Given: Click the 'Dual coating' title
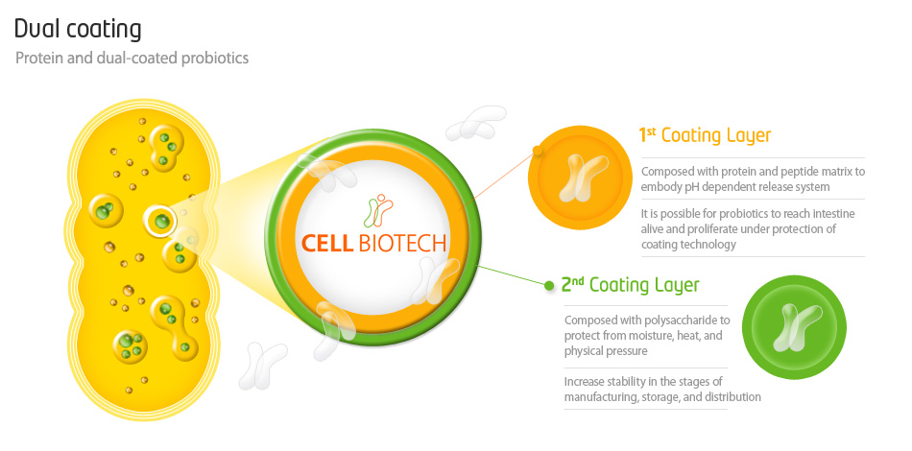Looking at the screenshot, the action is tap(78, 30).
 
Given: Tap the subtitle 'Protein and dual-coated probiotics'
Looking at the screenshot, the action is tap(132, 59).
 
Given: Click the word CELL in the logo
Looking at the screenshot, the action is tap(327, 243).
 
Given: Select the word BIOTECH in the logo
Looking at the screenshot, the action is tap(402, 243).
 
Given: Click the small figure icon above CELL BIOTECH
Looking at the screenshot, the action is tap(378, 210).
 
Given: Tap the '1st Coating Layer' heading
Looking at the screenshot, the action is tap(705, 135).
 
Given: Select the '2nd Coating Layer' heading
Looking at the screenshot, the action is tap(631, 285).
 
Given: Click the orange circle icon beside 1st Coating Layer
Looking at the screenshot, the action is tap(580, 178).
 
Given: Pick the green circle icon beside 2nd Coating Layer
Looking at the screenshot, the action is tap(794, 327).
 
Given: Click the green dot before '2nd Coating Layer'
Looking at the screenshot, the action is tap(549, 285).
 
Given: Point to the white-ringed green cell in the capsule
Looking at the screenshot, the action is tap(160, 221).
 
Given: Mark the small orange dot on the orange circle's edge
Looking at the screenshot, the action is tap(538, 151).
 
